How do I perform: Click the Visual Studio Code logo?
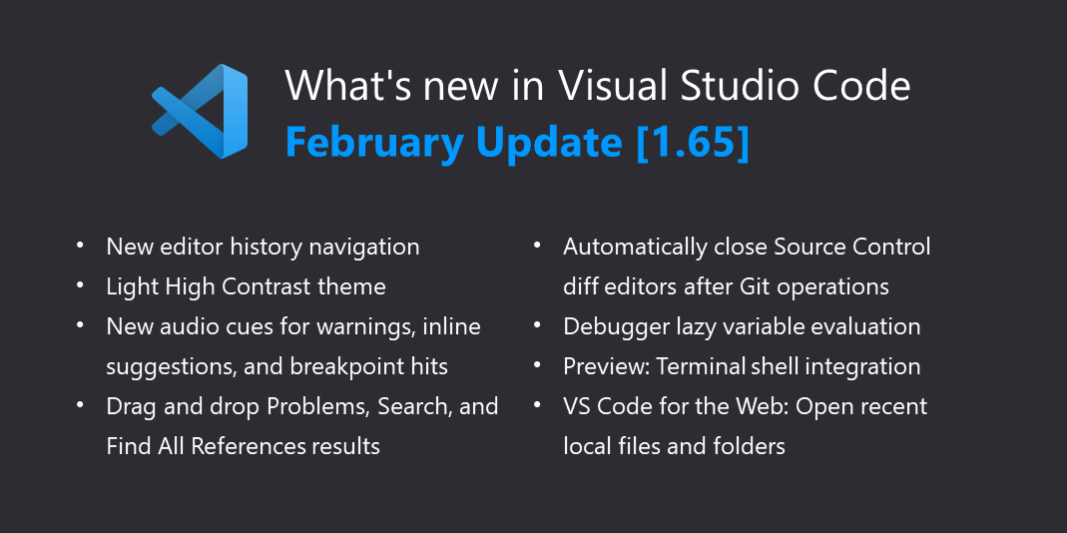(200, 111)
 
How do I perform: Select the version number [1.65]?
(693, 143)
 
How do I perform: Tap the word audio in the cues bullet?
(183, 326)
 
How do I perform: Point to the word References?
(248, 446)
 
